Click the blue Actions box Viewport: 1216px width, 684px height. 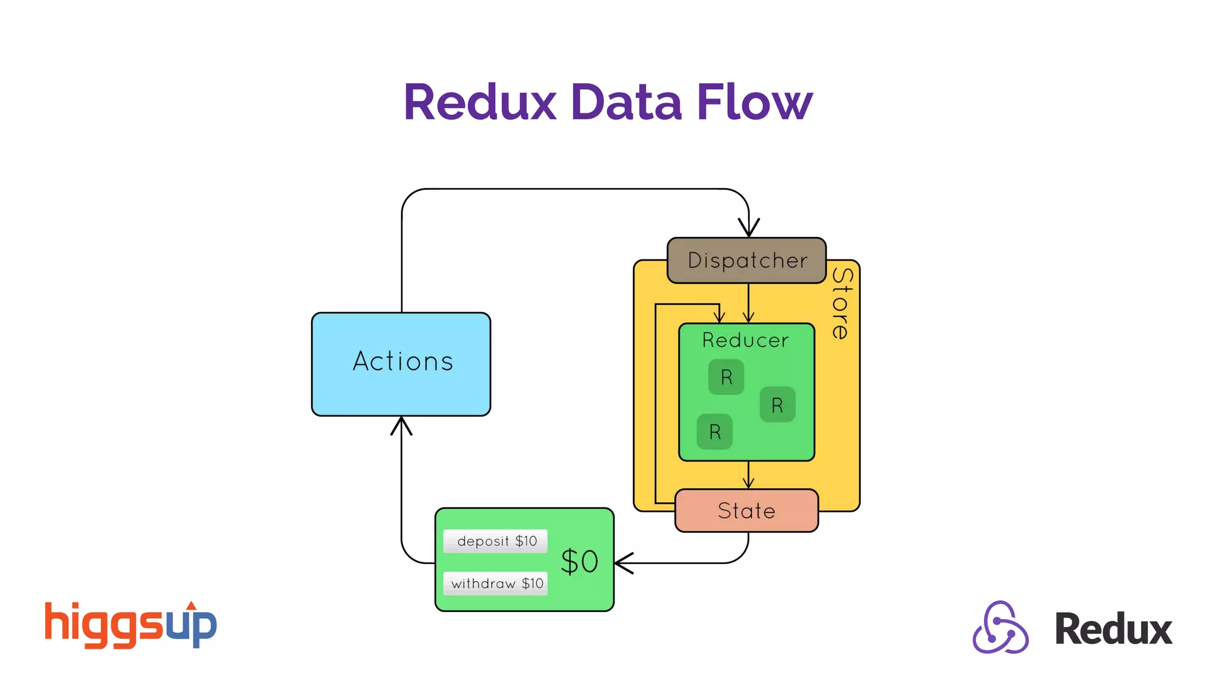(401, 364)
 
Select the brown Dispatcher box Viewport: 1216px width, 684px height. (746, 260)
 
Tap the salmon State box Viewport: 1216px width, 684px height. (746, 511)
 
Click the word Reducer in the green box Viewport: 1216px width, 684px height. (745, 340)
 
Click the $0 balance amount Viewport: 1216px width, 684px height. (579, 561)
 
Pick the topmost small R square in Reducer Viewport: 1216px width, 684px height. (726, 377)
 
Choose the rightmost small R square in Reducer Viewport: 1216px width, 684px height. (777, 405)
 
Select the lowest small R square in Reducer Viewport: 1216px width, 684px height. (714, 432)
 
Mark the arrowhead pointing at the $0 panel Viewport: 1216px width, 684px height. (623, 562)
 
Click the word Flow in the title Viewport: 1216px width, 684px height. (754, 102)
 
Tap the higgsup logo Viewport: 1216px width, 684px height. (131, 625)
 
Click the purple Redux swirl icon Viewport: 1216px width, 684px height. (1000, 628)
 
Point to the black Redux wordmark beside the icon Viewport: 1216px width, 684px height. (1113, 629)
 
